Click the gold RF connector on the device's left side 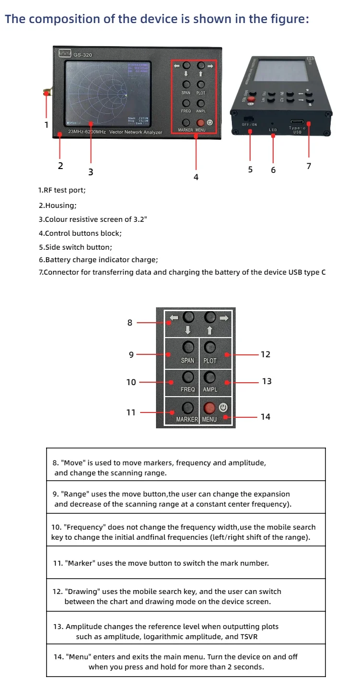48,92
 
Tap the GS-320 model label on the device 83,55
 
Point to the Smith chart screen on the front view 107,92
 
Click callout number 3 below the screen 91,171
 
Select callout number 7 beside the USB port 309,166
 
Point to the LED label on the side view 273,130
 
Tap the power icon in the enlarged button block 223,407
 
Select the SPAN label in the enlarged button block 188,360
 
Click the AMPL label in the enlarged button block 210,389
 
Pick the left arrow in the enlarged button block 174,318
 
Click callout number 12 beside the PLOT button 265,354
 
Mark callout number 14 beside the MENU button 265,416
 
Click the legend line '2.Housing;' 57,205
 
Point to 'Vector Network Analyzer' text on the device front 136,132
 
